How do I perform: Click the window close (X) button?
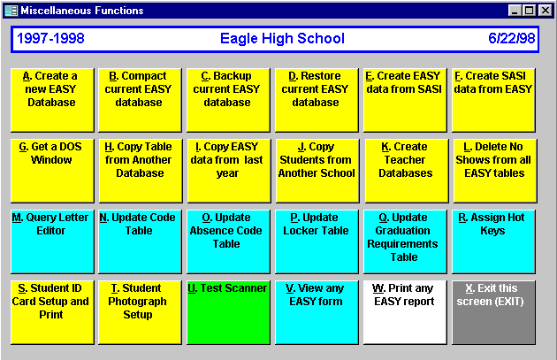point(545,11)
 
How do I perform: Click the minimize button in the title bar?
point(515,11)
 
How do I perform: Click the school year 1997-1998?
point(50,38)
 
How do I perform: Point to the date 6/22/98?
point(512,38)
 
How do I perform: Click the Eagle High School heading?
point(282,38)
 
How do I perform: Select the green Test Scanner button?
point(228,312)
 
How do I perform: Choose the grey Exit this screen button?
point(493,312)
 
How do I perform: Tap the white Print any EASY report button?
point(405,312)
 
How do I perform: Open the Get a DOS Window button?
point(52,171)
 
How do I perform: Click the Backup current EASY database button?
point(228,100)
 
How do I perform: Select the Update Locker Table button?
point(317,241)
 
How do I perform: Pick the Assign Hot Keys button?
point(493,241)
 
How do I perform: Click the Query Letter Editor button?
point(52,241)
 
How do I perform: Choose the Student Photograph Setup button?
point(140,312)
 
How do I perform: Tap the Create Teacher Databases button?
point(406,171)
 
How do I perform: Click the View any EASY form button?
point(317,312)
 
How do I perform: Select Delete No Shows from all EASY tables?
point(494,171)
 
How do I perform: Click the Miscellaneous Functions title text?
point(82,11)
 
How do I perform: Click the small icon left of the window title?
point(11,11)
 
